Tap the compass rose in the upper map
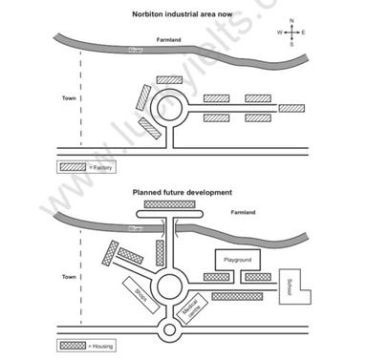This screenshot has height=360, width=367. coord(291,32)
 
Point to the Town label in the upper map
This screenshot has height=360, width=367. coord(68,97)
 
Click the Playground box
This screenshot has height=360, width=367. coord(237,259)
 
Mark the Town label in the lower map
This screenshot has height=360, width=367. coord(68,277)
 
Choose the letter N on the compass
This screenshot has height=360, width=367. coord(291,19)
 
